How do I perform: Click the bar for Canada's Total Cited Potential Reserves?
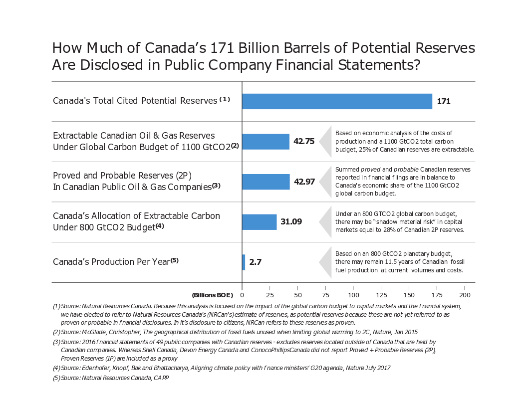click(337, 101)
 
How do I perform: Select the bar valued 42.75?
click(265, 141)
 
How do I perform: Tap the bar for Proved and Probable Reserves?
click(265, 182)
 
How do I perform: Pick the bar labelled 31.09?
click(259, 222)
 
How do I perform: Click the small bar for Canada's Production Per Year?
click(244, 262)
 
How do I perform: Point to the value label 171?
click(444, 101)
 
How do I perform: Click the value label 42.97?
click(304, 182)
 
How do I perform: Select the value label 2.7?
click(256, 262)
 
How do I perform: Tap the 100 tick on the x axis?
click(353, 295)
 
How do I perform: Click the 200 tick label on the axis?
click(464, 295)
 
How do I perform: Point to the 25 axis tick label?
click(270, 295)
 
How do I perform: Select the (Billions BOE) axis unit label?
click(212, 295)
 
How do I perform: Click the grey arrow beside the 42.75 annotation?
click(325, 141)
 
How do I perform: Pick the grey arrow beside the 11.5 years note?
click(325, 262)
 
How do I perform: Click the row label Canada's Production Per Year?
click(111, 262)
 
